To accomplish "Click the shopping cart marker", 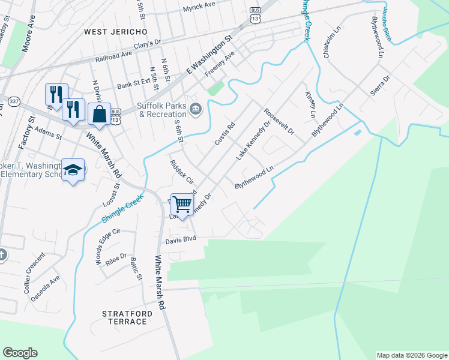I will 182,203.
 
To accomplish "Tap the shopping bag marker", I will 98,113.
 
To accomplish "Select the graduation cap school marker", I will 73,170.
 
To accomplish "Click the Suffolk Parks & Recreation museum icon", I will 196,109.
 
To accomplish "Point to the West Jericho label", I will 115,31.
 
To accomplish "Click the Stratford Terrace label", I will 124,317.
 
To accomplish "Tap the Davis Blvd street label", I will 182,241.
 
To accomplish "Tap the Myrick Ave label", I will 199,5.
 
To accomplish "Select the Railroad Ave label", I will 113,60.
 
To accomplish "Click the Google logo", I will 20,353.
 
